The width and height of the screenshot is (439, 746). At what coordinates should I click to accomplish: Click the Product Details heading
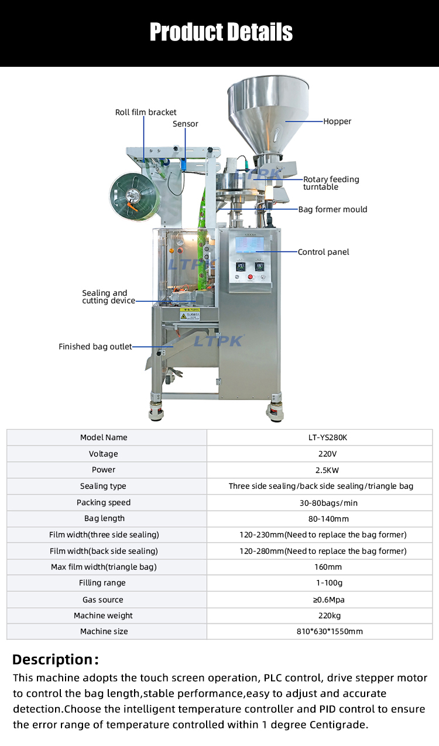[221, 32]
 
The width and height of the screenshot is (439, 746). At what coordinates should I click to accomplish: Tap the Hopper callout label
[337, 121]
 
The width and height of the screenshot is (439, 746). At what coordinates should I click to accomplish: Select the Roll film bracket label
[146, 112]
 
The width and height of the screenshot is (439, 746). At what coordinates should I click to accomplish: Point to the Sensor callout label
[185, 124]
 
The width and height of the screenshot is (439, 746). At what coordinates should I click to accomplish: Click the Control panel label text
[323, 252]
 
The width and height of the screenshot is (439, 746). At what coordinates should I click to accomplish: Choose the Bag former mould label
[332, 209]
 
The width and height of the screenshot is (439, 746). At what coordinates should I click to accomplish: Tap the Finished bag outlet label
[95, 346]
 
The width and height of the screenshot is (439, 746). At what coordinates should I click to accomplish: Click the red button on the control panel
[251, 277]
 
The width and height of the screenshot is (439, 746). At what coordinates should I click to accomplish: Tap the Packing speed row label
[104, 502]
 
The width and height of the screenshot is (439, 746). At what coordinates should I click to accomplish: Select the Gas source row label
[104, 599]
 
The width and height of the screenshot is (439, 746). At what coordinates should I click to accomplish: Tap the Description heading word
[53, 659]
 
